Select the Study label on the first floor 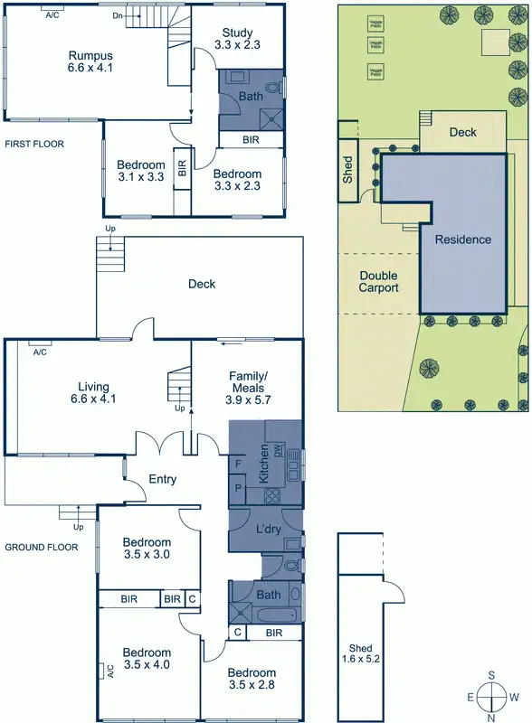click(x=237, y=37)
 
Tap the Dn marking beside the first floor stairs click(x=117, y=16)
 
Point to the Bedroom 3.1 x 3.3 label click(x=140, y=171)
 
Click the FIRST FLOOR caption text click(x=33, y=144)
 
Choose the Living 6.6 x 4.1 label click(x=96, y=391)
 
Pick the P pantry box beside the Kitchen click(x=238, y=489)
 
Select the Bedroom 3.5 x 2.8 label click(x=252, y=679)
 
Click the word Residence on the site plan click(x=462, y=239)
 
